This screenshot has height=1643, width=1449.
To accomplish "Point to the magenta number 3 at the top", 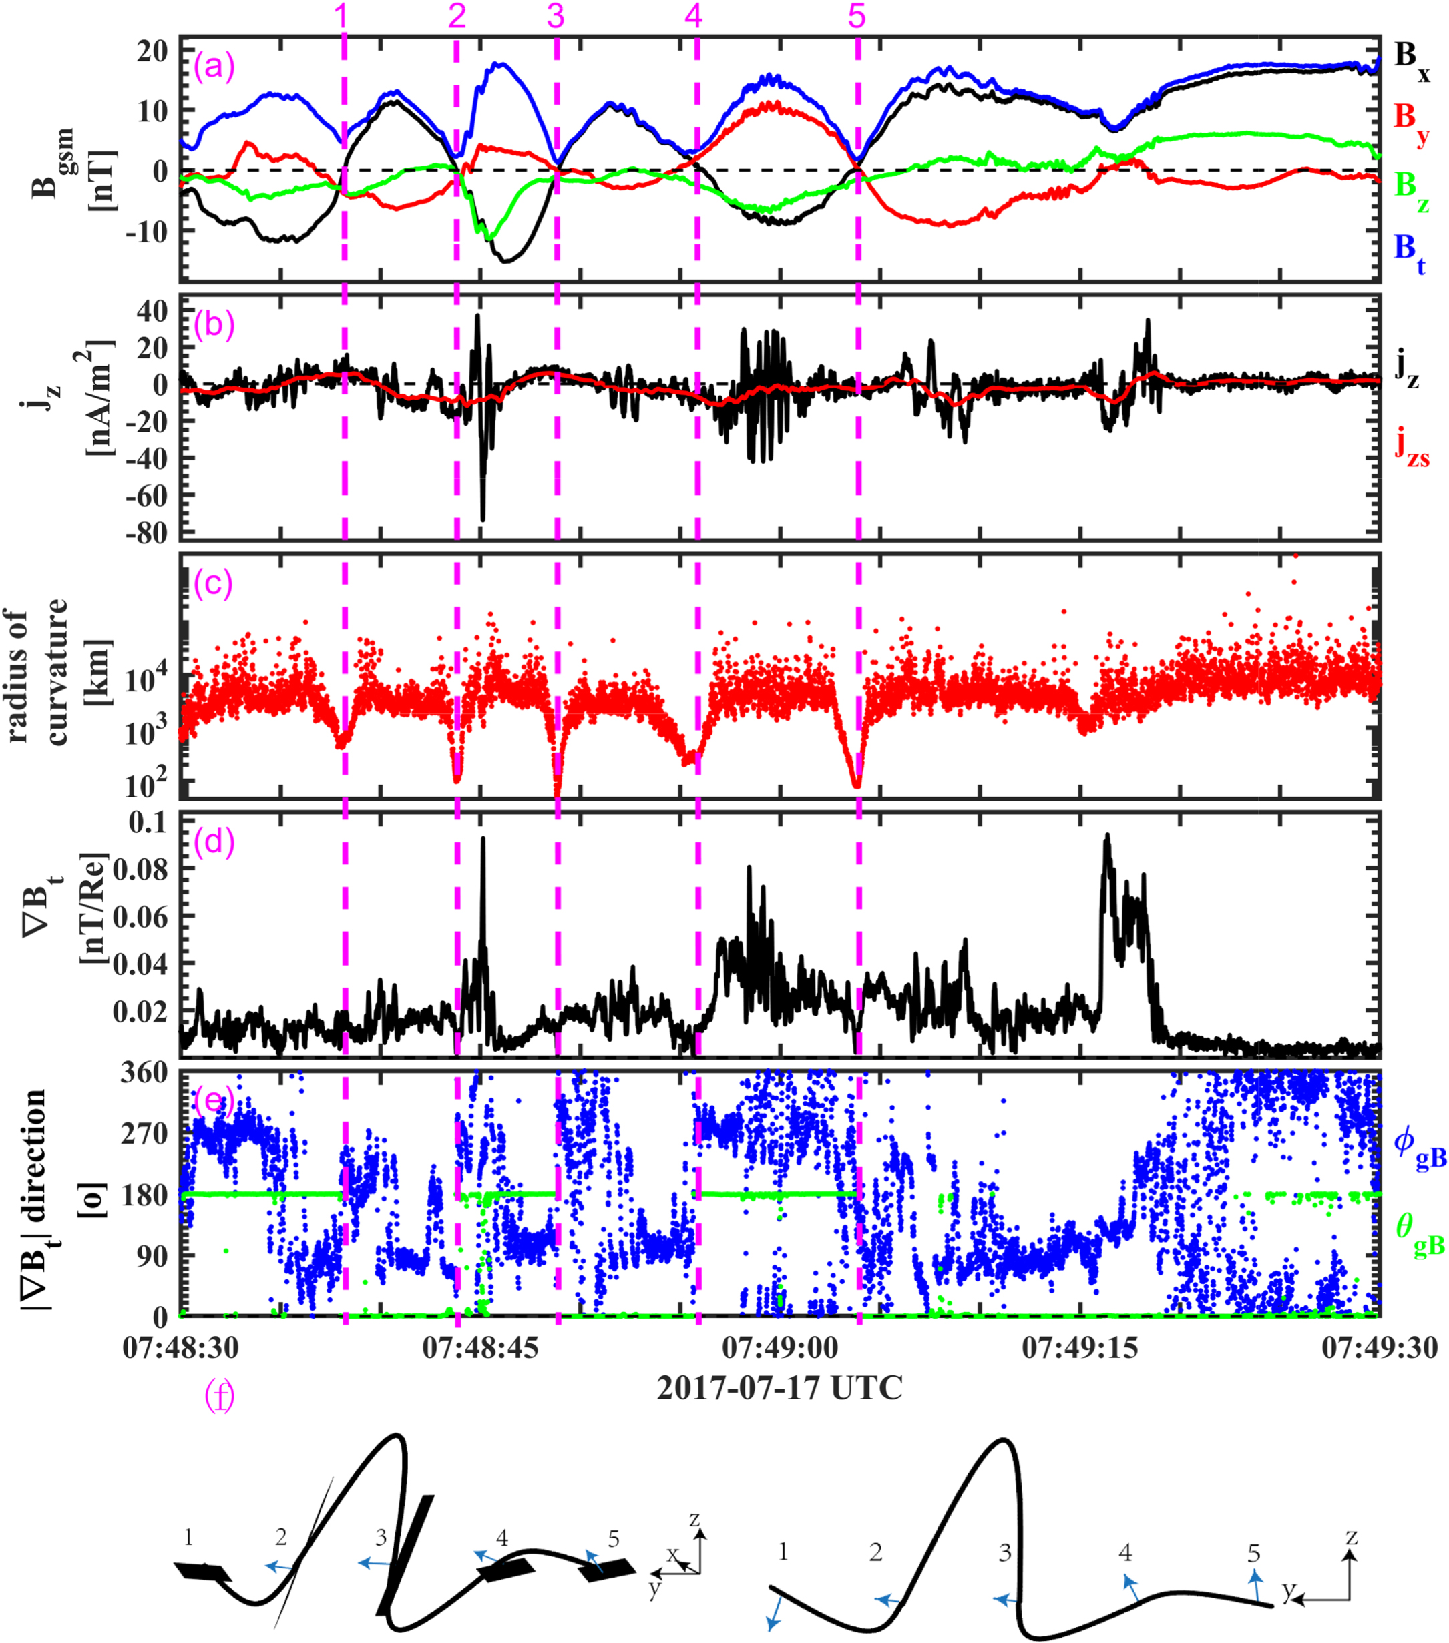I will pyautogui.click(x=556, y=16).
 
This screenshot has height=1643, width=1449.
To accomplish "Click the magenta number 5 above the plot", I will pyautogui.click(x=857, y=16).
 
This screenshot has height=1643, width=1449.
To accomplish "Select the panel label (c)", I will pyautogui.click(x=213, y=583).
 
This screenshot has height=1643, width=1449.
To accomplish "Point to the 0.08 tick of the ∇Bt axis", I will pyautogui.click(x=140, y=869).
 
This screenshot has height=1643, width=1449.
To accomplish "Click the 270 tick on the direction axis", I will pyautogui.click(x=144, y=1133).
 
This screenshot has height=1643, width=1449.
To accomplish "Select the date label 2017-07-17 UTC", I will pyautogui.click(x=779, y=1388).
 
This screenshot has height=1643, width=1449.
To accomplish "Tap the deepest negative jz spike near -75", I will pyautogui.click(x=483, y=519).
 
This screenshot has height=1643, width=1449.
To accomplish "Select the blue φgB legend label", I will pyautogui.click(x=1419, y=1145).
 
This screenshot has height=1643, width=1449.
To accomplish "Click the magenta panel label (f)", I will pyautogui.click(x=220, y=1396).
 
